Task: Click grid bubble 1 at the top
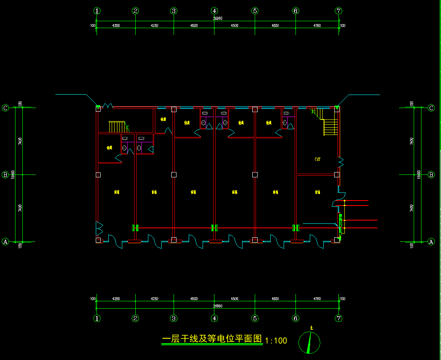tap(97, 11)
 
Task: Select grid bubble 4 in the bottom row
tap(214, 318)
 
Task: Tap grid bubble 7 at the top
tap(338, 11)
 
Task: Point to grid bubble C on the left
tap(5, 108)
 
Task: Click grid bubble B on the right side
tap(431, 175)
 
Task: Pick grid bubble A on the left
tap(5, 242)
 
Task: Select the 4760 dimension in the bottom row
tap(317, 299)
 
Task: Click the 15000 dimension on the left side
tap(13, 174)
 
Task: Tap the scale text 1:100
tap(276, 340)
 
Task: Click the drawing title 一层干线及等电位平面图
tap(212, 339)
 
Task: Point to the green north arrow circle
tap(309, 342)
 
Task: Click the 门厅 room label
tap(318, 159)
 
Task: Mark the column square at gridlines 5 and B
tap(255, 175)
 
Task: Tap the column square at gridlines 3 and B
tap(174, 175)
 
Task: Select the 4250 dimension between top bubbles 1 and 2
tap(116, 26)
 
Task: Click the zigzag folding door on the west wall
tap(99, 228)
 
